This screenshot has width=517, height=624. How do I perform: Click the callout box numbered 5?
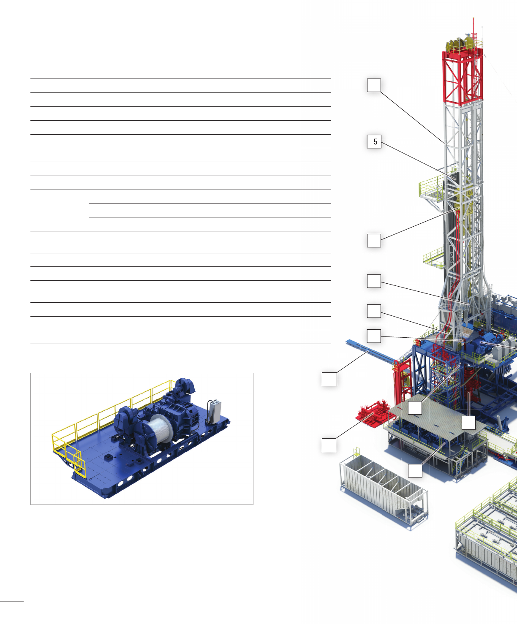[374, 141]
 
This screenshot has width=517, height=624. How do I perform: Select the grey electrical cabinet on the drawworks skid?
[215, 412]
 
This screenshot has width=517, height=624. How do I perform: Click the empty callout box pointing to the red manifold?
[329, 445]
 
